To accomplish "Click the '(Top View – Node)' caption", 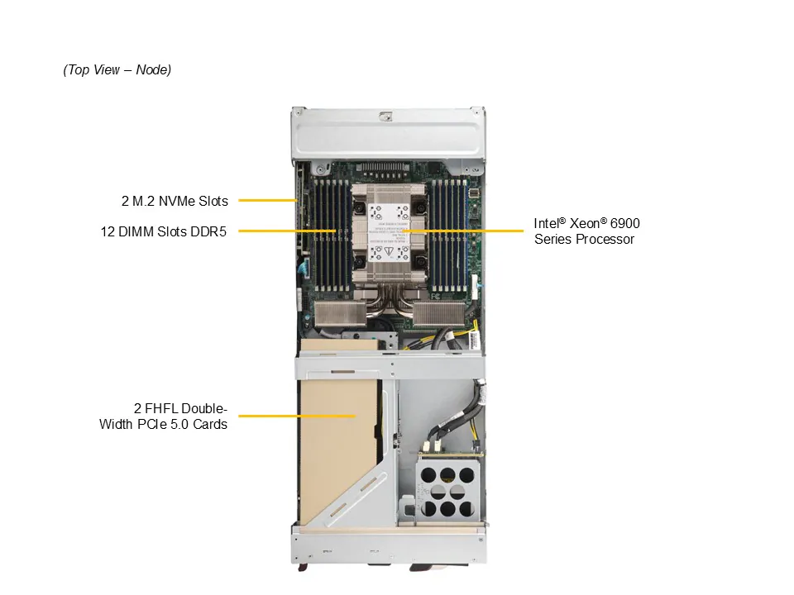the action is point(117,69).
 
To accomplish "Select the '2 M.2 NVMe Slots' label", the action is point(175,202).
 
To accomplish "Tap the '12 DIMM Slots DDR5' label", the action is point(164,231).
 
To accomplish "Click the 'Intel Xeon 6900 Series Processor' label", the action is point(587,231).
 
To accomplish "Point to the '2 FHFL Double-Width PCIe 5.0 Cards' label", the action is point(163,416).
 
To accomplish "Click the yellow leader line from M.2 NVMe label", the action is point(267,200).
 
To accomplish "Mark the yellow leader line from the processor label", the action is point(463,231).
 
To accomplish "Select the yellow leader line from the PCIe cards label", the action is point(297,416).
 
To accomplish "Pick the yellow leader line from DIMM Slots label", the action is point(288,231).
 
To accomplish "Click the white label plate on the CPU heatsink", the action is point(389,233).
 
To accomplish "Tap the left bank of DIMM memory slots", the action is point(332,235).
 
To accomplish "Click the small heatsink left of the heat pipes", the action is point(340,314).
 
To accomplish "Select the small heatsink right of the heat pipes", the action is point(439,314).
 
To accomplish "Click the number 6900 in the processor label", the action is point(625,224).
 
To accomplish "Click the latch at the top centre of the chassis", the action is point(386,116).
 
